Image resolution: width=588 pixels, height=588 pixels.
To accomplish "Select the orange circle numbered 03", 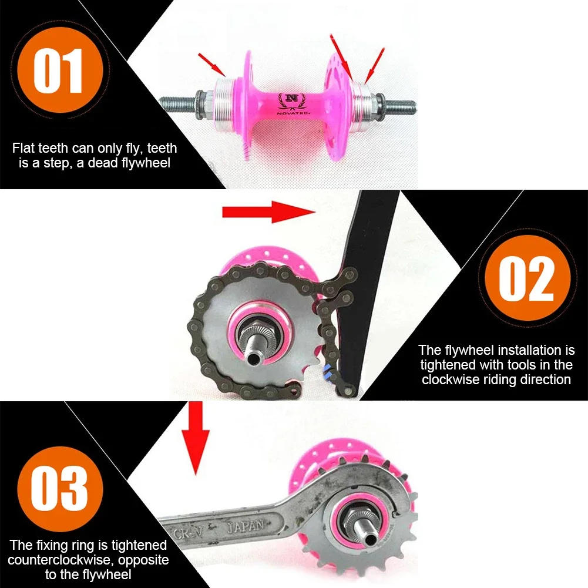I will point(59,488).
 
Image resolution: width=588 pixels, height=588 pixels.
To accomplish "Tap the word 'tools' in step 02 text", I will point(523,365).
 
